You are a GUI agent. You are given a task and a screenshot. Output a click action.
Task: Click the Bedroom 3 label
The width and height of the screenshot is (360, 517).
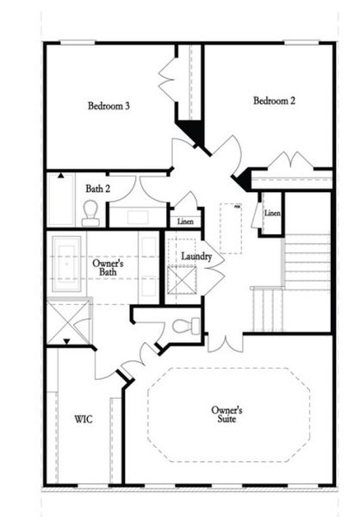pos(109,107)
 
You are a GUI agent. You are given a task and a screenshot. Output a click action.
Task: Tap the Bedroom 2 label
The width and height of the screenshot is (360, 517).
pos(274,101)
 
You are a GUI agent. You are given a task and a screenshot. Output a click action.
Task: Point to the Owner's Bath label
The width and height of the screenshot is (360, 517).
pos(108,268)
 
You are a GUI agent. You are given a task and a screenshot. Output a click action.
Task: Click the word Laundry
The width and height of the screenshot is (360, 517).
pos(196,257)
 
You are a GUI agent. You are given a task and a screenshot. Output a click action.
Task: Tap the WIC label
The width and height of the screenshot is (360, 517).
pos(84,420)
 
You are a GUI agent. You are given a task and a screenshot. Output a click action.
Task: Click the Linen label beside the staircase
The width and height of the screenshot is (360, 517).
pos(272,213)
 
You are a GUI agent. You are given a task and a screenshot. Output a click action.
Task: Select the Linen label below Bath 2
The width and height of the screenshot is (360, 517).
pos(185,221)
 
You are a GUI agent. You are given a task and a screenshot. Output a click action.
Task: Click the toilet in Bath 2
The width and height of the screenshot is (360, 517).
pos(90,213)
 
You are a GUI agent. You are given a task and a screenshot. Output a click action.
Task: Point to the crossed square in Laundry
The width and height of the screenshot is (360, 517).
pos(183,281)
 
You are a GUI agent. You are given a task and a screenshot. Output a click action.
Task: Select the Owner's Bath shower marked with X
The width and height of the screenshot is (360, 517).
pos(67,320)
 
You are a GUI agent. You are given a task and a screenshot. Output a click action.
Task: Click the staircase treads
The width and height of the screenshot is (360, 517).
pos(307,263)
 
